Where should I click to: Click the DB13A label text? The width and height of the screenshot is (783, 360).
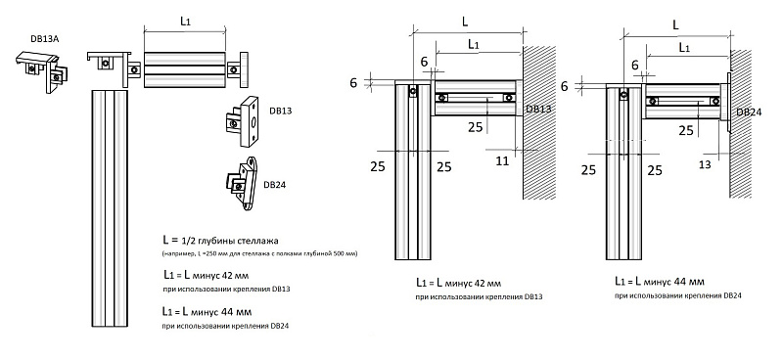[44, 39]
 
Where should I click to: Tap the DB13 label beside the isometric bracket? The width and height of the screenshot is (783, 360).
[280, 111]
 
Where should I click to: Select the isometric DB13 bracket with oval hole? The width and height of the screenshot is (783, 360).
[242, 122]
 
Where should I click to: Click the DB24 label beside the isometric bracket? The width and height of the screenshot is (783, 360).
[274, 185]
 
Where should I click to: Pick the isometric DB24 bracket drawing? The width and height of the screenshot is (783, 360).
[242, 182]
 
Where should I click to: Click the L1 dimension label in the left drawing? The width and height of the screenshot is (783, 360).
[185, 22]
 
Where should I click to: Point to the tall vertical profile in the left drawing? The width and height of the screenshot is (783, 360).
[110, 208]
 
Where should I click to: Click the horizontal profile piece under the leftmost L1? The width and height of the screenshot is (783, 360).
[185, 69]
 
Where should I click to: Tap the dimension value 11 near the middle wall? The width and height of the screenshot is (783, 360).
[502, 161]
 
